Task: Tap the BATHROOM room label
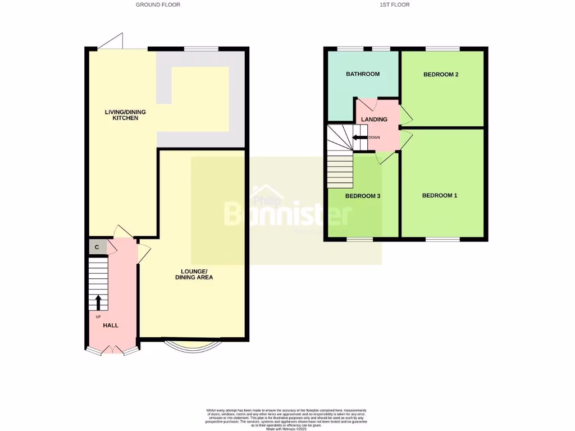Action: pos(362,74)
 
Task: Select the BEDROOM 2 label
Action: pos(441,74)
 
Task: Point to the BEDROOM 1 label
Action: pos(440,195)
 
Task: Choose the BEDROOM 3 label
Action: pos(363,196)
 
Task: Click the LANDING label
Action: pos(374,120)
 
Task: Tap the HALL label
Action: pos(111,325)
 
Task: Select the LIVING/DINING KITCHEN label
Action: pos(121,115)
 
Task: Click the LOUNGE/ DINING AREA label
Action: pos(194,274)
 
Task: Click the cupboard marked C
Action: pos(97,247)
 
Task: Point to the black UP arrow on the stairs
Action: pos(98,302)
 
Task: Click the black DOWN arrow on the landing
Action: pos(359,137)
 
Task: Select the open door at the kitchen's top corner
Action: pos(112,42)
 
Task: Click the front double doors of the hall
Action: pos(112,350)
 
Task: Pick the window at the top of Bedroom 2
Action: pos(442,49)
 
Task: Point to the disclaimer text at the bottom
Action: pos(286,418)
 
